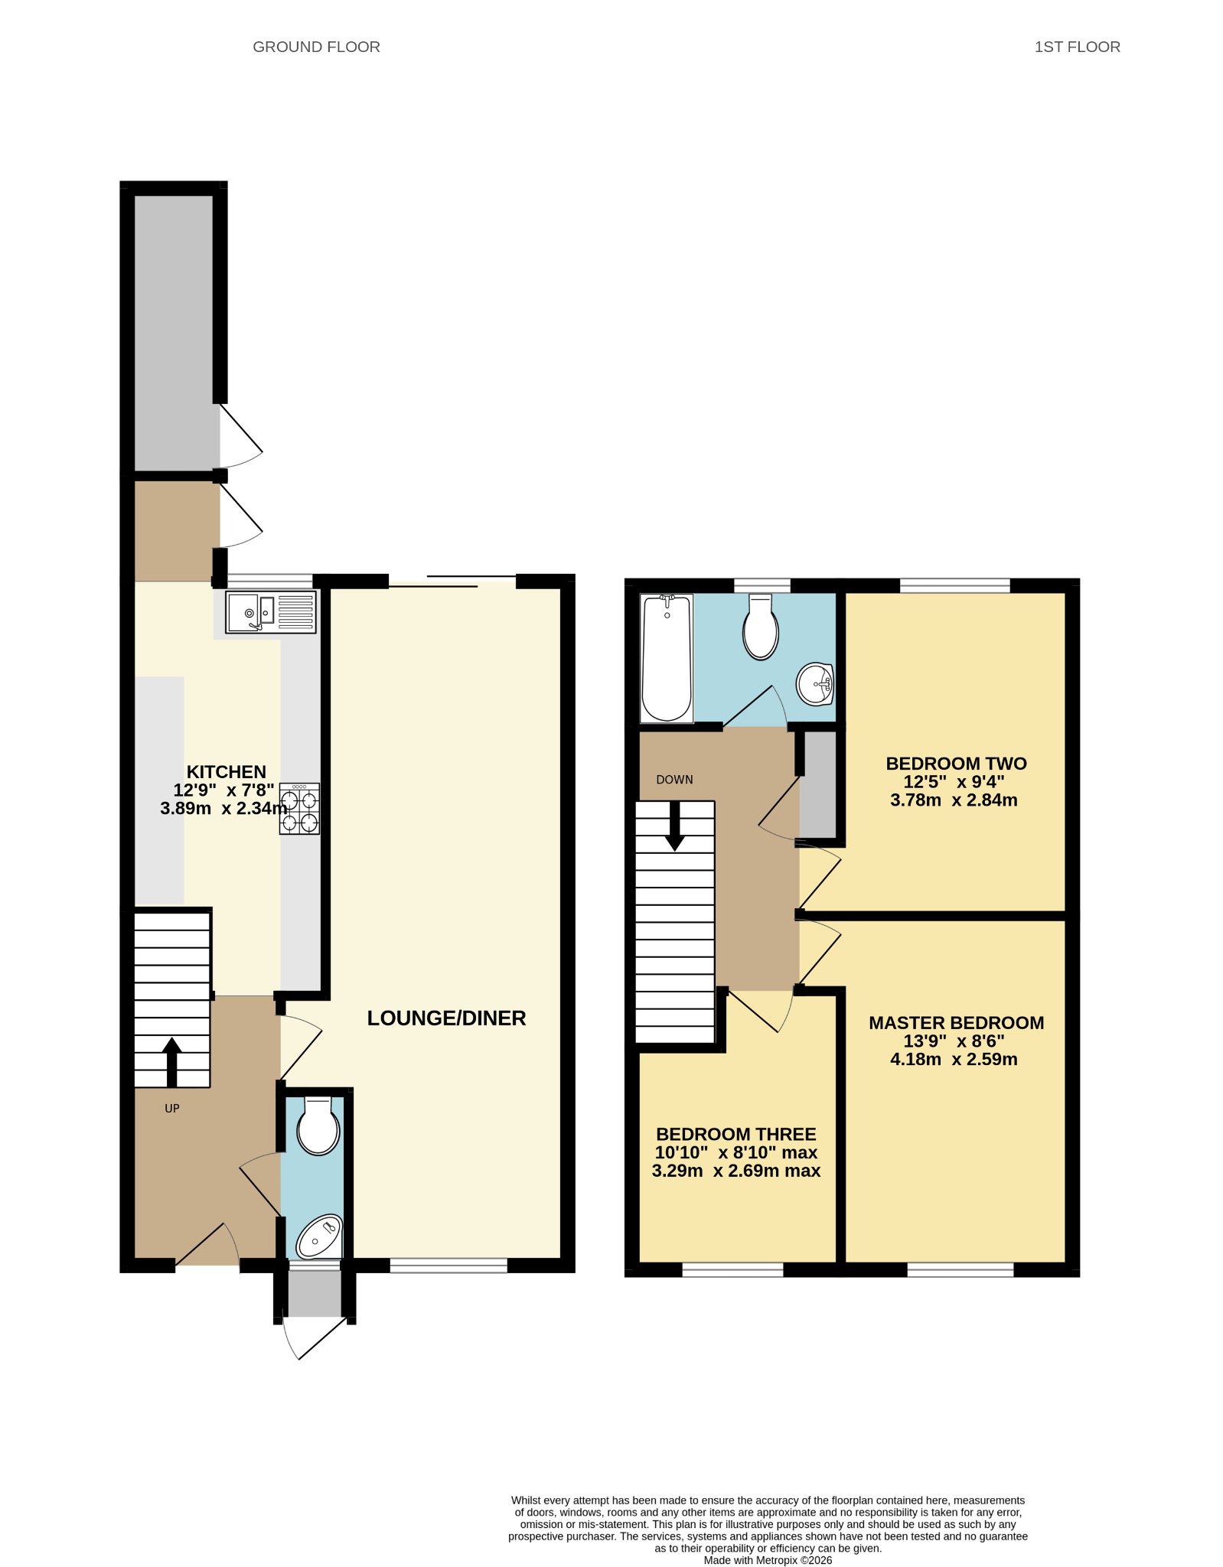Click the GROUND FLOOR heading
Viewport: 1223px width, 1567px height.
pyautogui.click(x=316, y=47)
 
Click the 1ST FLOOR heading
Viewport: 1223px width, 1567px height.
pyautogui.click(x=1077, y=47)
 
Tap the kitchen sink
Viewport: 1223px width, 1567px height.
pyautogui.click(x=271, y=612)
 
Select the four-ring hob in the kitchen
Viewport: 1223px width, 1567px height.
pyautogui.click(x=299, y=809)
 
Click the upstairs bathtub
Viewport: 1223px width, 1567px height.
pyautogui.click(x=667, y=659)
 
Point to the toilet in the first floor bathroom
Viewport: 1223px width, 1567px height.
pyautogui.click(x=761, y=627)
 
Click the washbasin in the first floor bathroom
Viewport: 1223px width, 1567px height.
pyautogui.click(x=815, y=684)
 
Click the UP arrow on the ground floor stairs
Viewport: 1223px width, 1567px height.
pyautogui.click(x=172, y=1062)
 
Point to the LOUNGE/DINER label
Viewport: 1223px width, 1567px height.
pyautogui.click(x=447, y=1018)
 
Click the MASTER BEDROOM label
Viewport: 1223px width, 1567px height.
pyautogui.click(x=957, y=1023)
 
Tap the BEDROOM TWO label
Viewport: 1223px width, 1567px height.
pyautogui.click(x=957, y=764)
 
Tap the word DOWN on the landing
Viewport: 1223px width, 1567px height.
pyautogui.click(x=675, y=780)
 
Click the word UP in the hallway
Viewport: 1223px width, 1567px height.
pyautogui.click(x=172, y=1109)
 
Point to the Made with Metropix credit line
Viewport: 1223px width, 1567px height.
pyautogui.click(x=768, y=1560)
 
